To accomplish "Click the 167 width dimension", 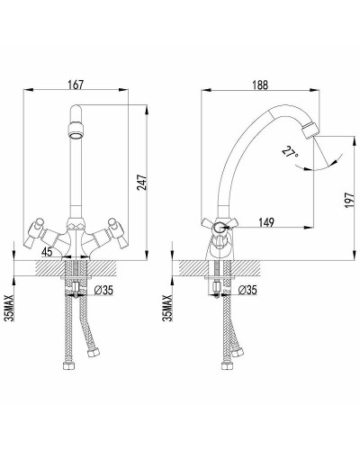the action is [76, 85].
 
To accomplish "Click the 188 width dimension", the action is [260, 85].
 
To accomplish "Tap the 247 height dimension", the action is [142, 182].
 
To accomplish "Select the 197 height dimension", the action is [350, 200].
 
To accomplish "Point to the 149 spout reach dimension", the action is [265, 222].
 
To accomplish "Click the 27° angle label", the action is [290, 152].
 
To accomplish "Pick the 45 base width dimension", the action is [47, 252].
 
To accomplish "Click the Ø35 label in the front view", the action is [103, 290].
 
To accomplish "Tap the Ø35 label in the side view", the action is [247, 290].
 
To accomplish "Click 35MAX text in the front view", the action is [11, 308].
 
